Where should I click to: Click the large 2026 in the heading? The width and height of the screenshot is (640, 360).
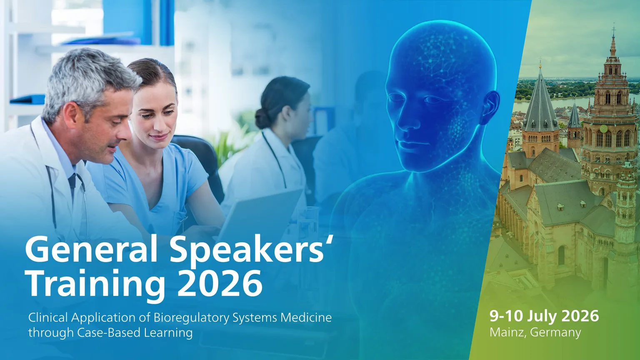pyautogui.click(x=220, y=283)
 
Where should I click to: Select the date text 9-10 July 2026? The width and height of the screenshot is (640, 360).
pyautogui.click(x=544, y=316)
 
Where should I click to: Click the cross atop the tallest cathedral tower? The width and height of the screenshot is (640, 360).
pyautogui.click(x=613, y=29)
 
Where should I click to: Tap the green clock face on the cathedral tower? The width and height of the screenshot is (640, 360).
pyautogui.click(x=603, y=129)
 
